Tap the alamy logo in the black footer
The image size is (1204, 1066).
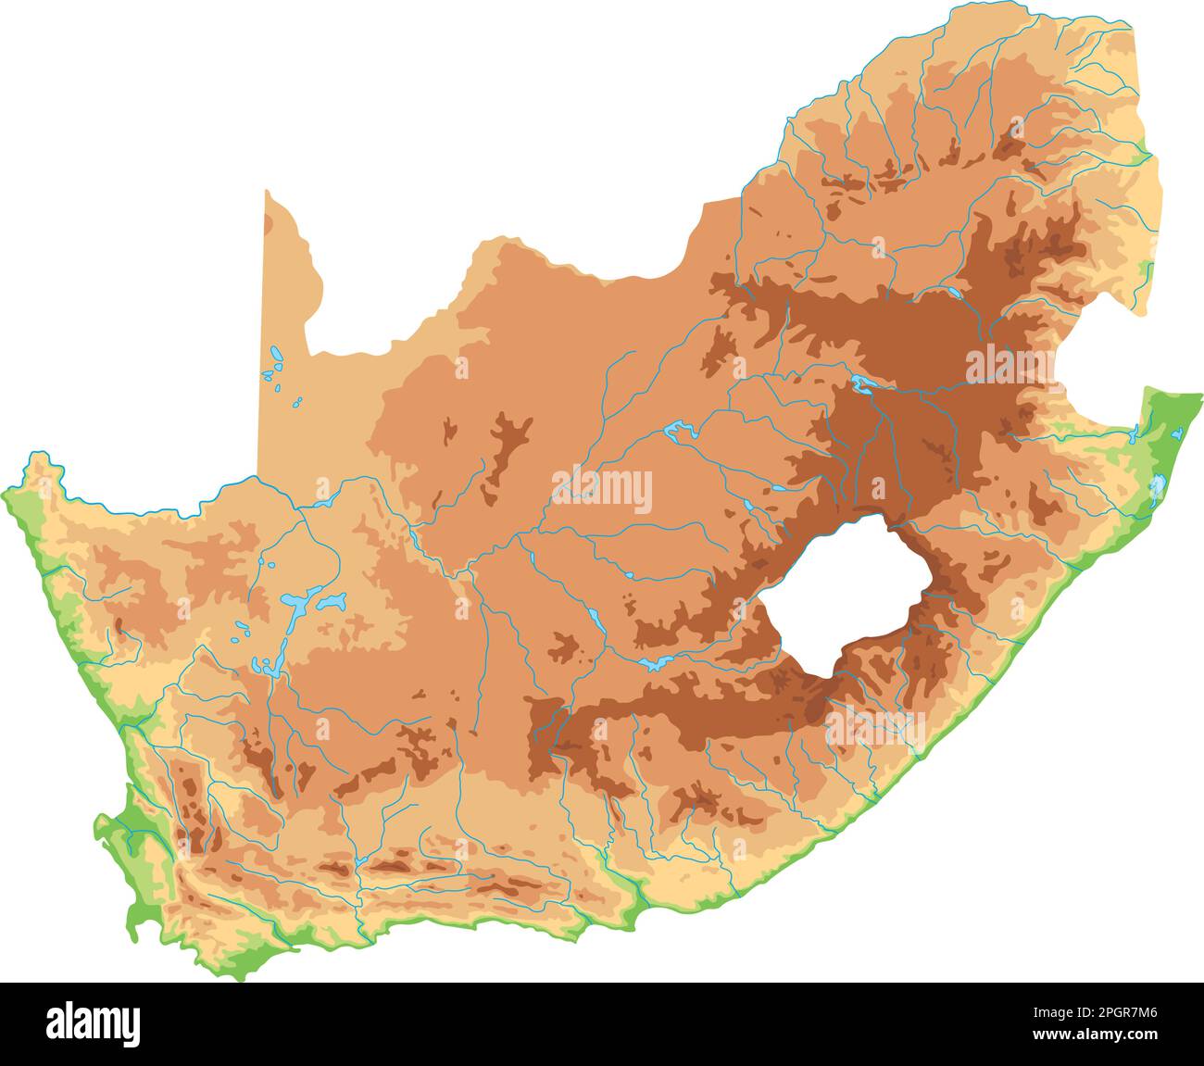point(94,1023)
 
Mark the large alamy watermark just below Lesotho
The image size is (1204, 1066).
point(874,724)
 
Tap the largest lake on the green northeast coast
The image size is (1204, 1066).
point(1158,486)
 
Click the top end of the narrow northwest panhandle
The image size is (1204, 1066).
point(267,194)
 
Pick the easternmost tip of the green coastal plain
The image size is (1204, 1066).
point(1198,398)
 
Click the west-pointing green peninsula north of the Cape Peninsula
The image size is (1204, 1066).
point(102,822)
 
